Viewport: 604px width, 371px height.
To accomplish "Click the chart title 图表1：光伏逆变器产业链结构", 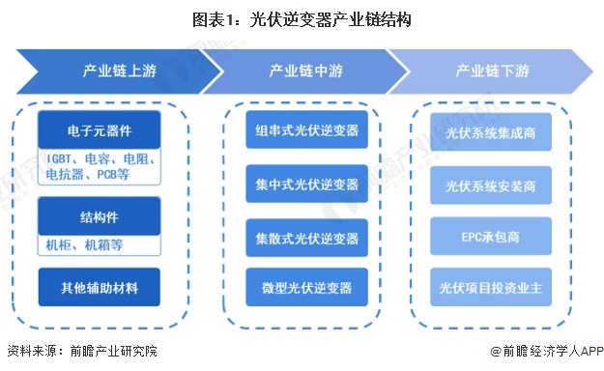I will point(302,19).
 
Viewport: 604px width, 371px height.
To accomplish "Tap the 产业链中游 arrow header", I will point(302,71).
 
